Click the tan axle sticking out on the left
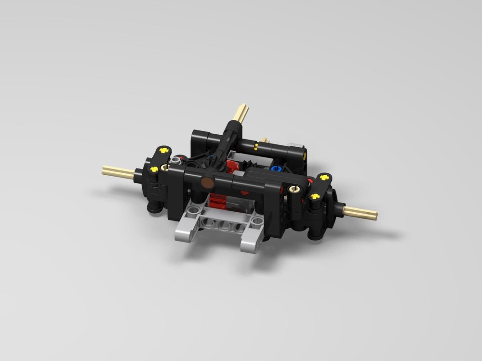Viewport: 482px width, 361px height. (x=118, y=172)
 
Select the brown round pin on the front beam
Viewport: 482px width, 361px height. (x=207, y=182)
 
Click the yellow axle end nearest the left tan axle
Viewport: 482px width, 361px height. (x=154, y=169)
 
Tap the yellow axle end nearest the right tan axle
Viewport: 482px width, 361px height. (x=315, y=196)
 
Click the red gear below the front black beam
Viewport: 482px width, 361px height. (x=218, y=200)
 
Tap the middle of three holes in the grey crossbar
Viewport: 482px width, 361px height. (x=223, y=224)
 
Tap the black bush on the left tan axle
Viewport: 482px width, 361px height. (x=138, y=176)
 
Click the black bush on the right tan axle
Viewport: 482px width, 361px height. (x=337, y=208)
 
